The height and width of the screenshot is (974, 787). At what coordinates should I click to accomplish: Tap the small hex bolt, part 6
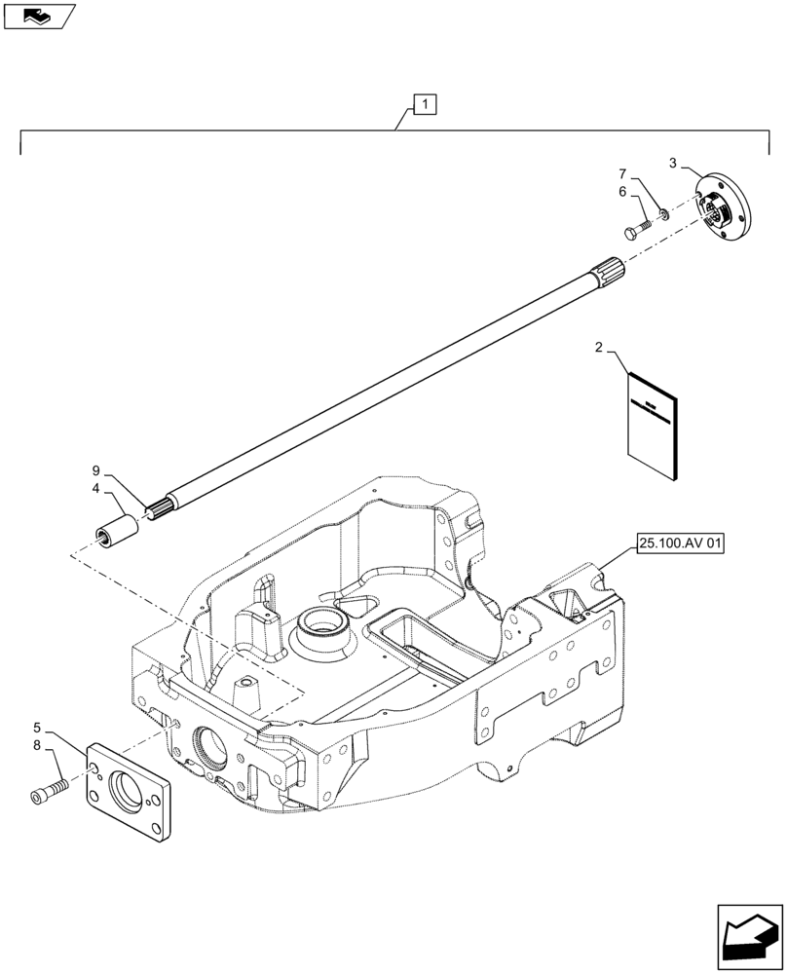click(635, 232)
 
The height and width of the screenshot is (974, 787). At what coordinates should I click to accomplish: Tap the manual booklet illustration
click(653, 426)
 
